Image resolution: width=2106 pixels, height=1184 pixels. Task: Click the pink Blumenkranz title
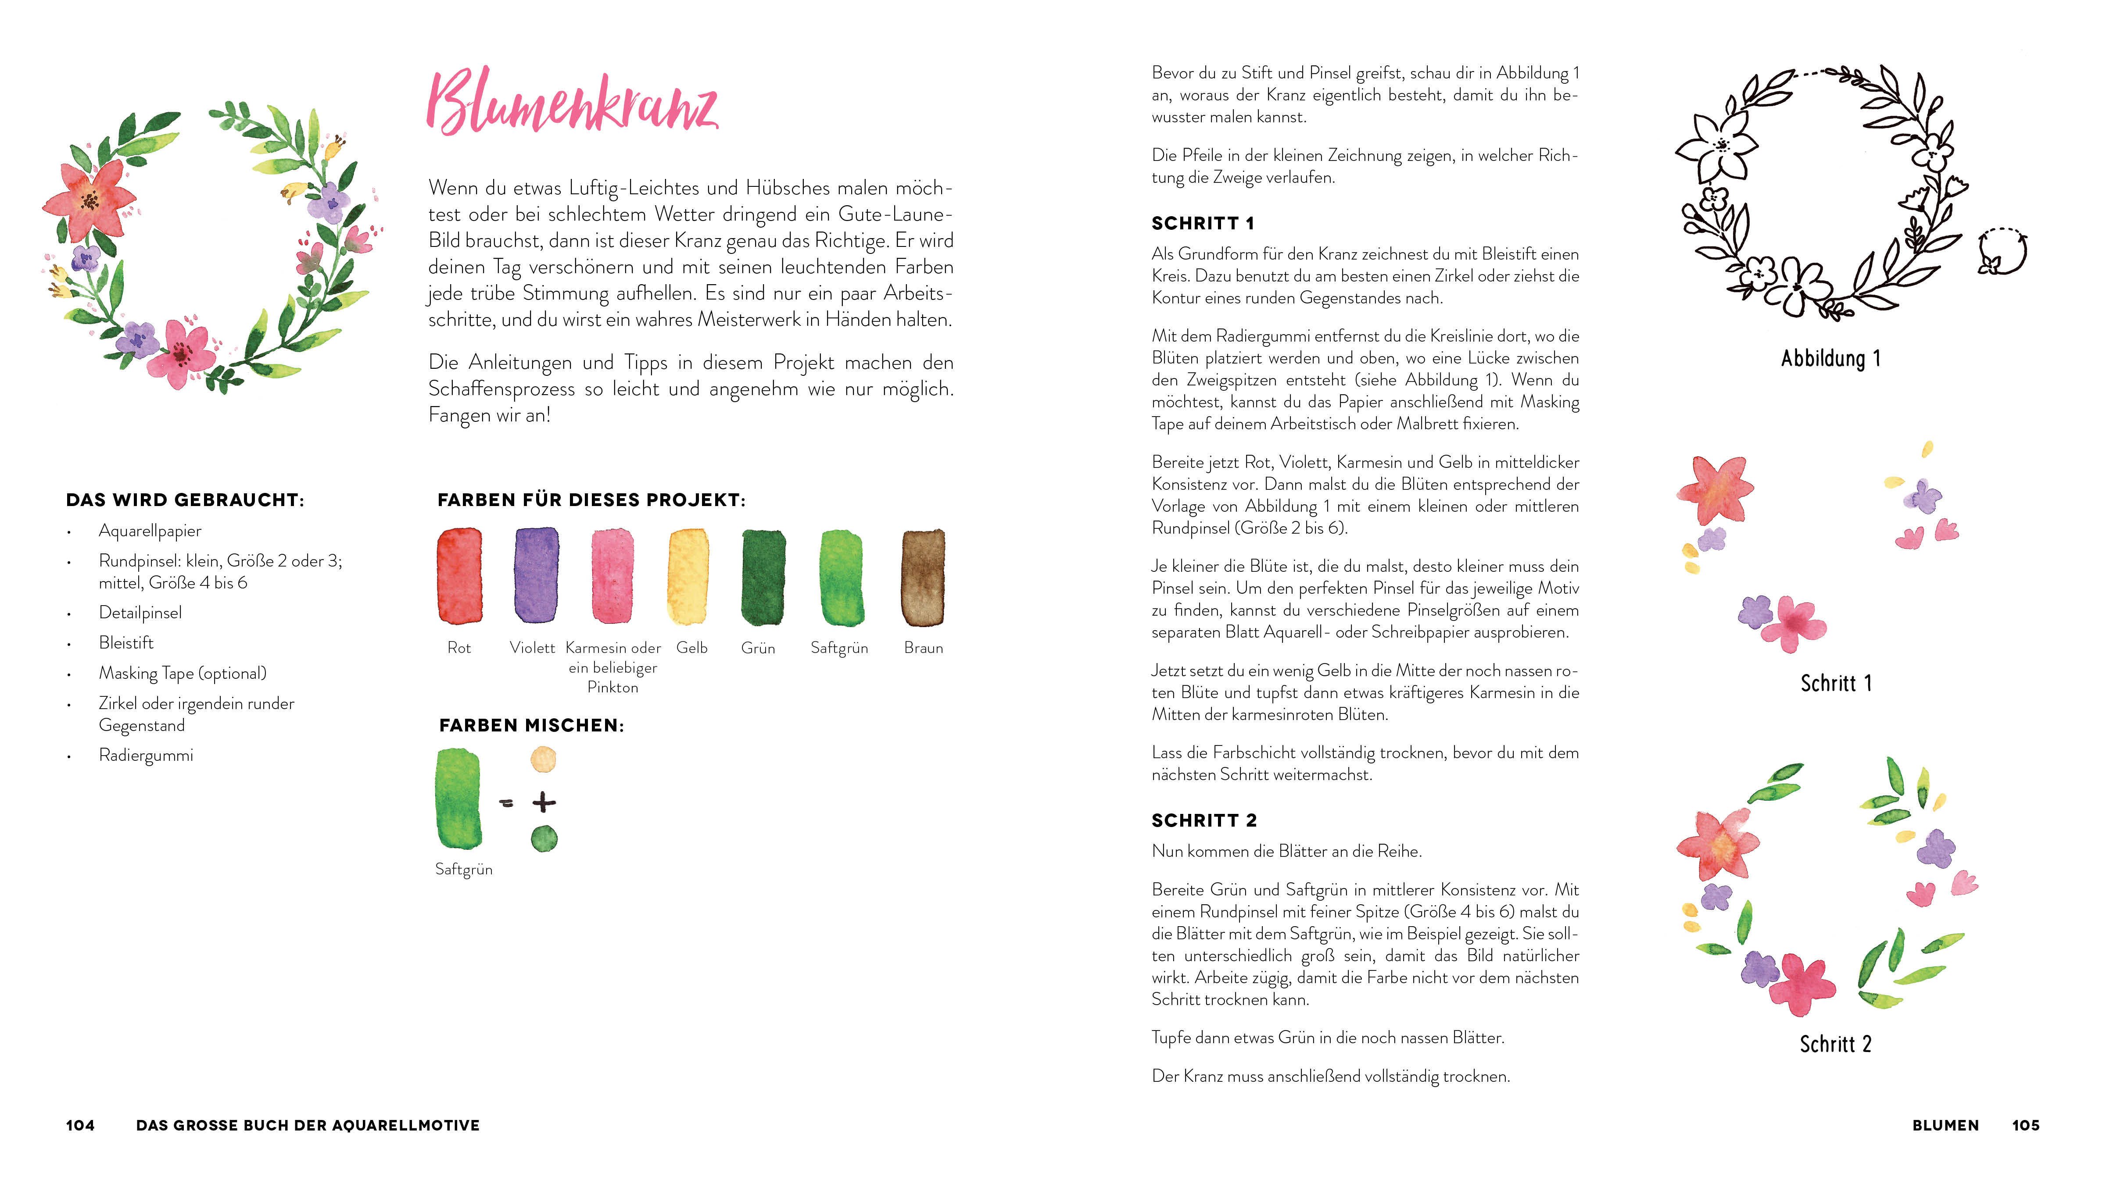pyautogui.click(x=572, y=104)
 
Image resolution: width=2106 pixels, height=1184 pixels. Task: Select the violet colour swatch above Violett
pyautogui.click(x=536, y=574)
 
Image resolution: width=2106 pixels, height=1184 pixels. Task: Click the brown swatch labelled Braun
pyautogui.click(x=923, y=576)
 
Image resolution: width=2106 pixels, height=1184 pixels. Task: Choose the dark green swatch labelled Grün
pyautogui.click(x=763, y=576)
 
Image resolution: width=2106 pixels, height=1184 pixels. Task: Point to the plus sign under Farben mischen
pyautogui.click(x=544, y=802)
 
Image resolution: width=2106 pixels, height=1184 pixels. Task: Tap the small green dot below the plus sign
pyautogui.click(x=544, y=838)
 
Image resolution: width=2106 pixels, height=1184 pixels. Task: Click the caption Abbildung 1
pyautogui.click(x=1830, y=359)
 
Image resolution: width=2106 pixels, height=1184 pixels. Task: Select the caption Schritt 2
pyautogui.click(x=1835, y=1044)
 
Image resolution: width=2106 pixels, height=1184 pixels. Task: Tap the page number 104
pyautogui.click(x=80, y=1125)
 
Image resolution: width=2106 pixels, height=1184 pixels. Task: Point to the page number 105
pyautogui.click(x=2026, y=1125)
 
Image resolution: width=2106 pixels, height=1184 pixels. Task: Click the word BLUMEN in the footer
pyautogui.click(x=1946, y=1125)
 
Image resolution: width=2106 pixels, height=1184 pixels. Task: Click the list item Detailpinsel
pyautogui.click(x=140, y=613)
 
